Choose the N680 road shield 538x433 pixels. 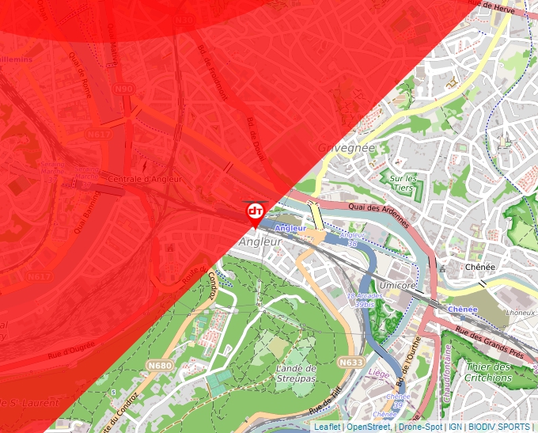coord(159,344)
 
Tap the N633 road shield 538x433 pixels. coord(350,362)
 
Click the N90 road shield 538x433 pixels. coord(123,89)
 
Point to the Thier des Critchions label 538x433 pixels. coord(489,372)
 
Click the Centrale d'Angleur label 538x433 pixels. coord(144,179)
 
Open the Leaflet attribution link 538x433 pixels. coord(327,427)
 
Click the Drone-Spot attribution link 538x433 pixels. coord(420,427)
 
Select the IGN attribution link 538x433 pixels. coord(455,427)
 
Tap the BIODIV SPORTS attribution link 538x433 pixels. coord(498,427)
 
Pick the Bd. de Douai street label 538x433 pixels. coord(258,142)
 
